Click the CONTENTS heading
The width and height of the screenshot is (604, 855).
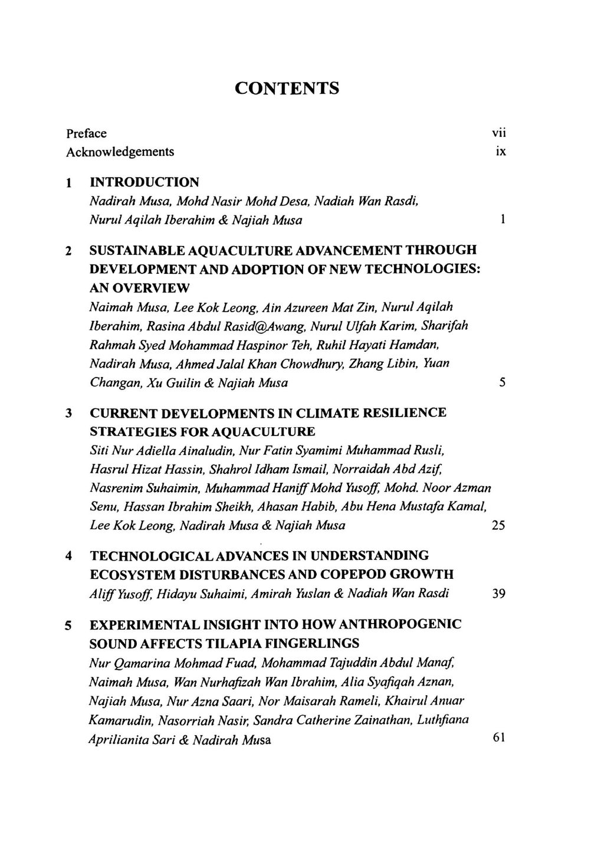(x=287, y=89)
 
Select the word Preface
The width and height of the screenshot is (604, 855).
(x=86, y=133)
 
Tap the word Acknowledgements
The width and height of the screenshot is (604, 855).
(x=120, y=152)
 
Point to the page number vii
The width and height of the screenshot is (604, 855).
(x=499, y=133)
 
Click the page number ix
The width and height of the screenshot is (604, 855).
(x=501, y=152)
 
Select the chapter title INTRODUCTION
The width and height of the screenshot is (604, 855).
(x=144, y=182)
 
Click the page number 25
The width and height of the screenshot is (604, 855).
(x=498, y=525)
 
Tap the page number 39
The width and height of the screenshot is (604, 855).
(x=498, y=594)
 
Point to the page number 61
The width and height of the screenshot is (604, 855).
(x=498, y=738)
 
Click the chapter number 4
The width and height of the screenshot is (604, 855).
(x=70, y=556)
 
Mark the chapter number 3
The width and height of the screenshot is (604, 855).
(x=70, y=413)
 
